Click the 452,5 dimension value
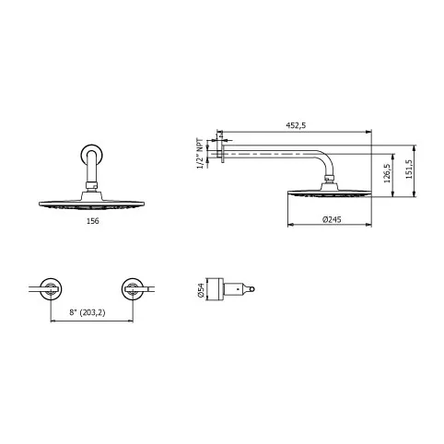tap(296, 125)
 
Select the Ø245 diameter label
tap(332, 219)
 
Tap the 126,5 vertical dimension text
tap(387, 173)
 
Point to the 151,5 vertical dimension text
tap(409, 169)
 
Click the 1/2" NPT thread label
tap(200, 154)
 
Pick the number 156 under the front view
tap(93, 221)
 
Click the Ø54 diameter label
tap(201, 290)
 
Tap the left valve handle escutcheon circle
tap(51, 289)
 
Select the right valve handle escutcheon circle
tap(133, 289)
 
